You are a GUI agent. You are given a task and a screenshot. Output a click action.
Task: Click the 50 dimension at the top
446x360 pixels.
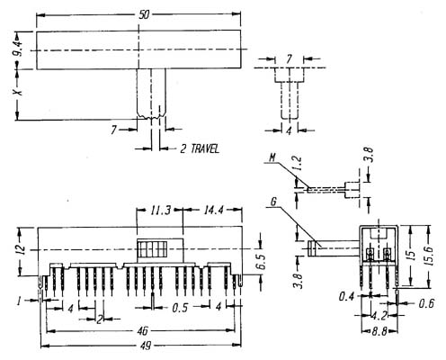pos(144,15)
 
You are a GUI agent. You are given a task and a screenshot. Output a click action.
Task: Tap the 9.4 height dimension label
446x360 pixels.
pos(19,49)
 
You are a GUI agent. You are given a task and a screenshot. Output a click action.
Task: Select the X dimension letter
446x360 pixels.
pos(19,91)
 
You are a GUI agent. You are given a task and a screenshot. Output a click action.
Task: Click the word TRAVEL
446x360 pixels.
pos(205,148)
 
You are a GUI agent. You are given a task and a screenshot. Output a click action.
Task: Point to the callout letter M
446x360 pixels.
pos(272,157)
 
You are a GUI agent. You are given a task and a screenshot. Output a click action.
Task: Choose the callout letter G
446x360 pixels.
pos(273,202)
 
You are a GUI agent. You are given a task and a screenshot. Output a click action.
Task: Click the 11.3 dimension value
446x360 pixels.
pos(160,211)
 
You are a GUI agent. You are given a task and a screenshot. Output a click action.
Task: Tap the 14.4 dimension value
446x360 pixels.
pos(214,211)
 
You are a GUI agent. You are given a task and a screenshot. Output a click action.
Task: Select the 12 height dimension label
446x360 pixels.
pos(19,249)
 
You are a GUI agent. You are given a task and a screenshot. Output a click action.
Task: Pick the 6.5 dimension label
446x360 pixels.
pos(261,261)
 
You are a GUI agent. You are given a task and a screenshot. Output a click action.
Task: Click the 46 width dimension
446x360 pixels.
pos(142,331)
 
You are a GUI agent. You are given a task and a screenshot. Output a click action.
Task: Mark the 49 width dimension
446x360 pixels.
pos(146,346)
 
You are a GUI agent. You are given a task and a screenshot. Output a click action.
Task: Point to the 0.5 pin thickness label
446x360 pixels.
pos(180,308)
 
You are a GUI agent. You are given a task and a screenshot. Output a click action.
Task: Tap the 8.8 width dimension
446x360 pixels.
pos(379,331)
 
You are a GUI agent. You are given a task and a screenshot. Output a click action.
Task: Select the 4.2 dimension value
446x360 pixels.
pos(379,316)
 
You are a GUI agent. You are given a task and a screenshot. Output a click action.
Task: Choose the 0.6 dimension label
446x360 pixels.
pos(426,304)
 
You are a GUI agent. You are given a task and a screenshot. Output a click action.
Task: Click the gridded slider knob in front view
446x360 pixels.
pos(160,250)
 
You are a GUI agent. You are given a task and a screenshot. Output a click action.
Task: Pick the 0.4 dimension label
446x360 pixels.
pos(347,297)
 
